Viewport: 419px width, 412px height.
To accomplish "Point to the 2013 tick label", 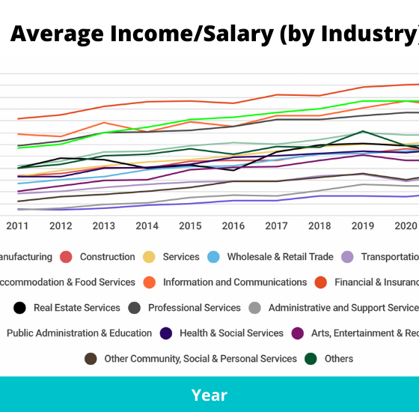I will pos(104,225).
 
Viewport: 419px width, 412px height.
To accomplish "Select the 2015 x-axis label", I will pos(190,225).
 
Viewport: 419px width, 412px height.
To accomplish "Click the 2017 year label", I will pos(276,225).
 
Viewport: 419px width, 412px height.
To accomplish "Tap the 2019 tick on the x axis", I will pos(363,225).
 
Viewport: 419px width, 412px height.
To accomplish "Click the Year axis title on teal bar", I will pos(209,395).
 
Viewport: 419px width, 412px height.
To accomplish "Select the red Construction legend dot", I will pos(66,257).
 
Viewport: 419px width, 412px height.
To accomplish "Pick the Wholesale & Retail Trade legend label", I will pos(280,257).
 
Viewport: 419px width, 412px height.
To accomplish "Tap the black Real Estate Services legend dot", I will pos(20,308).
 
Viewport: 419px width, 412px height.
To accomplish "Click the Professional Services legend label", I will pos(194,308).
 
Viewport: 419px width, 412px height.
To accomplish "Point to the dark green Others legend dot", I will pos(310,359).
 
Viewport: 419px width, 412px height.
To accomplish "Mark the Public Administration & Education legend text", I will pos(79,333).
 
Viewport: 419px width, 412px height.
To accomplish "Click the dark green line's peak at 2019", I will pos(363,132).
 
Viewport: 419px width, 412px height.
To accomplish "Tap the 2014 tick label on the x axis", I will pos(147,225).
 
